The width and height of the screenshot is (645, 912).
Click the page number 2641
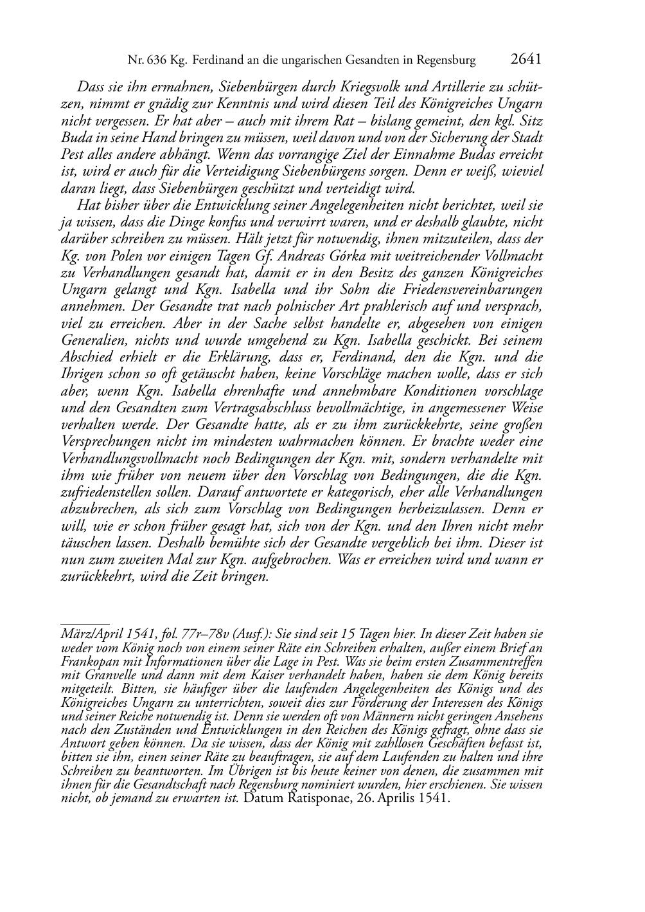pos(526,60)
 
